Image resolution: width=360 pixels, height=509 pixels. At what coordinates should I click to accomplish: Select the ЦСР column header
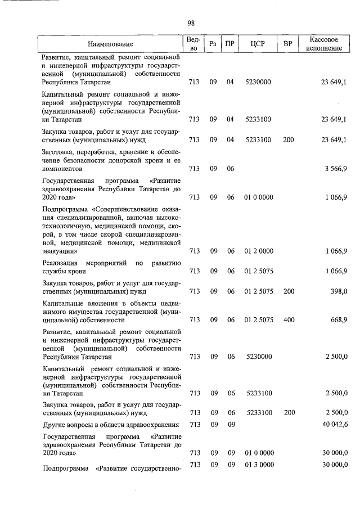pyautogui.click(x=259, y=44)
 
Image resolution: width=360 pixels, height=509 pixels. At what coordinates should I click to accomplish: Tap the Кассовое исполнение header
pyautogui.click(x=324, y=44)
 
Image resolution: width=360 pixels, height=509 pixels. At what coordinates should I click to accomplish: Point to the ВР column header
pyautogui.click(x=289, y=44)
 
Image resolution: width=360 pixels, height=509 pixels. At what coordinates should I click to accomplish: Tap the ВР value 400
pyautogui.click(x=289, y=319)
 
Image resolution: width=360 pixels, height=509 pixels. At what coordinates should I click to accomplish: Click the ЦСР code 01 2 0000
pyautogui.click(x=259, y=251)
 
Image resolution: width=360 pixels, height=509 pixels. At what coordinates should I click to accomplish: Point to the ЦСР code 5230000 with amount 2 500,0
pyautogui.click(x=259, y=356)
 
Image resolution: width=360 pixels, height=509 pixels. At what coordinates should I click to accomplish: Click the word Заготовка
pyautogui.click(x=58, y=151)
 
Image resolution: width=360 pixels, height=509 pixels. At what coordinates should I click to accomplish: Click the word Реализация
pyautogui.click(x=60, y=263)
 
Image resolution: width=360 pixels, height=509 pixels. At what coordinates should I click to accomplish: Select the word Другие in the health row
pyautogui.click(x=54, y=424)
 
